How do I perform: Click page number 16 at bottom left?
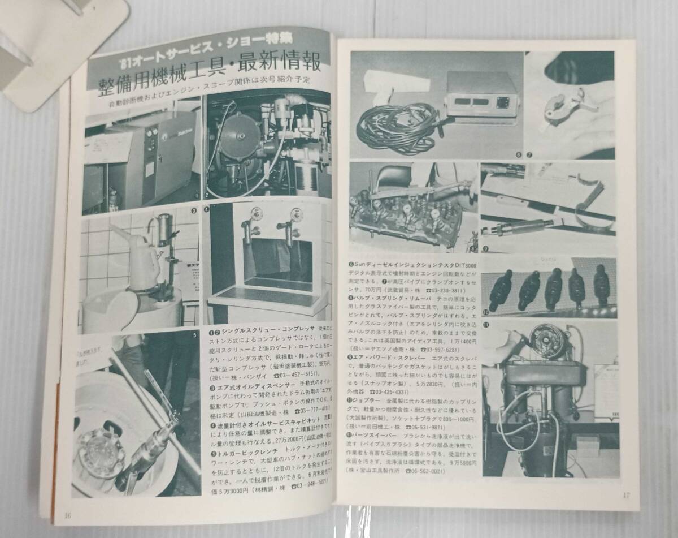pos(68,515)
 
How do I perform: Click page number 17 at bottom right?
pos(626,495)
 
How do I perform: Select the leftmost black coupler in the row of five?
pos(500,290)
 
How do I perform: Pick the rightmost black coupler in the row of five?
pos(601,285)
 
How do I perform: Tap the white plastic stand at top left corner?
pos(56,45)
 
